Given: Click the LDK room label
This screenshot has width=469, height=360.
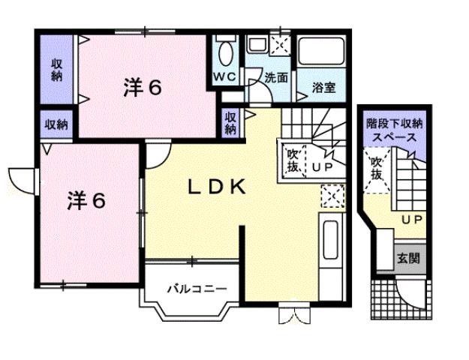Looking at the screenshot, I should (x=216, y=187).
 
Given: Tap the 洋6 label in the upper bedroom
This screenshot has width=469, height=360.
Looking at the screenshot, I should (x=143, y=88).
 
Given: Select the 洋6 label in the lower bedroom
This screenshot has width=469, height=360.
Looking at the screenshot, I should (x=88, y=200).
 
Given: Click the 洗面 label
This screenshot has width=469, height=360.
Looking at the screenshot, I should (x=275, y=76).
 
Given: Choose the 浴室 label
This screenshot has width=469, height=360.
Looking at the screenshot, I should (x=324, y=88).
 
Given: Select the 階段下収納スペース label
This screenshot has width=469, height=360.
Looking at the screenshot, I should (x=394, y=130).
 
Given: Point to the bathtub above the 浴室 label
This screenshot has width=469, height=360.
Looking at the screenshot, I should (x=321, y=52).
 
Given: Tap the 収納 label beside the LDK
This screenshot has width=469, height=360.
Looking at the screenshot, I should (x=231, y=123).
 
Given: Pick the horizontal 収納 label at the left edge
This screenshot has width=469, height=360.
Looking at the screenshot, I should (x=56, y=124).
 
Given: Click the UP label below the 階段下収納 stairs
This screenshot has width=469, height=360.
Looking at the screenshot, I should (x=410, y=220).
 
